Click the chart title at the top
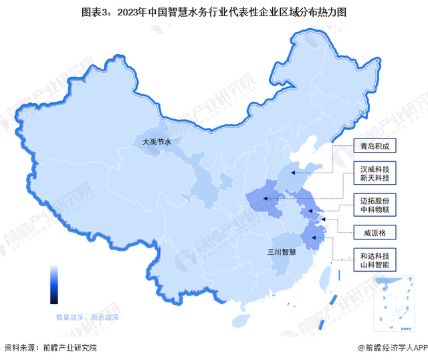214,12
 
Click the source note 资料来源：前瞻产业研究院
51,348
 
